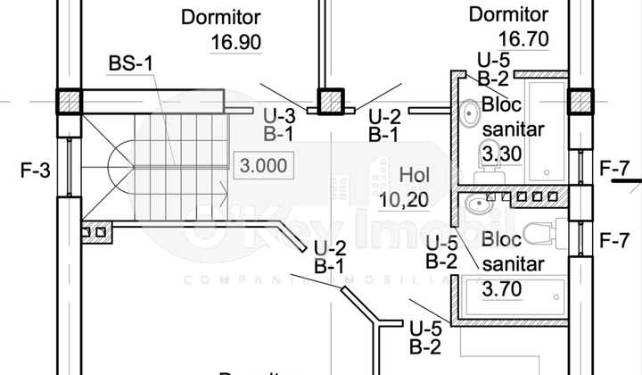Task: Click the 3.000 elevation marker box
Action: pyautogui.click(x=262, y=164)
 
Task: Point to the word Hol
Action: pyautogui.click(x=415, y=173)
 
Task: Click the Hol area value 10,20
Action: pyautogui.click(x=401, y=200)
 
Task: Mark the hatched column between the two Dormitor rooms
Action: pyautogui.click(x=331, y=101)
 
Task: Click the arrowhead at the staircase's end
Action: pyautogui.click(x=221, y=188)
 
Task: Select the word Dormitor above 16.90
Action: pyautogui.click(x=220, y=16)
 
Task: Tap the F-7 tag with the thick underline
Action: pyautogui.click(x=615, y=167)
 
